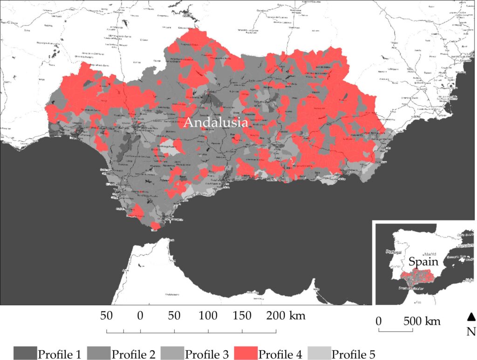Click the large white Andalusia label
[x=216, y=123]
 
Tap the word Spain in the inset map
[x=424, y=262]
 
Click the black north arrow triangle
[x=471, y=317]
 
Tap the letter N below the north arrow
[x=471, y=331]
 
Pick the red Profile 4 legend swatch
[x=244, y=353]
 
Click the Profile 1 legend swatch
[x=25, y=353]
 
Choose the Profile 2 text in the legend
[x=133, y=354]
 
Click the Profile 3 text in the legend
[x=207, y=354]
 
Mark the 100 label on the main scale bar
[x=208, y=316]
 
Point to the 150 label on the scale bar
[x=242, y=316]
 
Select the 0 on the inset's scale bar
[x=379, y=321]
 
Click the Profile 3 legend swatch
[x=171, y=353]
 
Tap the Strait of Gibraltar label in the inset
[x=412, y=289]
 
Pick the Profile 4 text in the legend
[x=281, y=354]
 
